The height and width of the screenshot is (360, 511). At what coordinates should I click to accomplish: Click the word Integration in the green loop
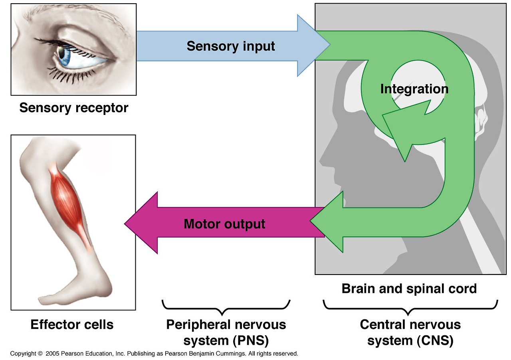pyautogui.click(x=414, y=89)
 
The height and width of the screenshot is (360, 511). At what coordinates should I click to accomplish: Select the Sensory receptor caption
pyautogui.click(x=74, y=108)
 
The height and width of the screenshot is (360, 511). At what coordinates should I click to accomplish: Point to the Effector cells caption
pyautogui.click(x=72, y=324)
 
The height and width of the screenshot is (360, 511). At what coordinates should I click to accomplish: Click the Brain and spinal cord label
pyautogui.click(x=409, y=289)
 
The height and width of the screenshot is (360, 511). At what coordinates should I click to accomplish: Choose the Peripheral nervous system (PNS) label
pyautogui.click(x=226, y=332)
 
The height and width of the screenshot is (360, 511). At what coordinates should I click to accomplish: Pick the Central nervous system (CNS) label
pyautogui.click(x=410, y=332)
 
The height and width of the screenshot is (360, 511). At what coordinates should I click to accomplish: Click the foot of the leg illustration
pyautogui.click(x=80, y=291)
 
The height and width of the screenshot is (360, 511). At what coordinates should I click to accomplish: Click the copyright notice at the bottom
pyautogui.click(x=154, y=354)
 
